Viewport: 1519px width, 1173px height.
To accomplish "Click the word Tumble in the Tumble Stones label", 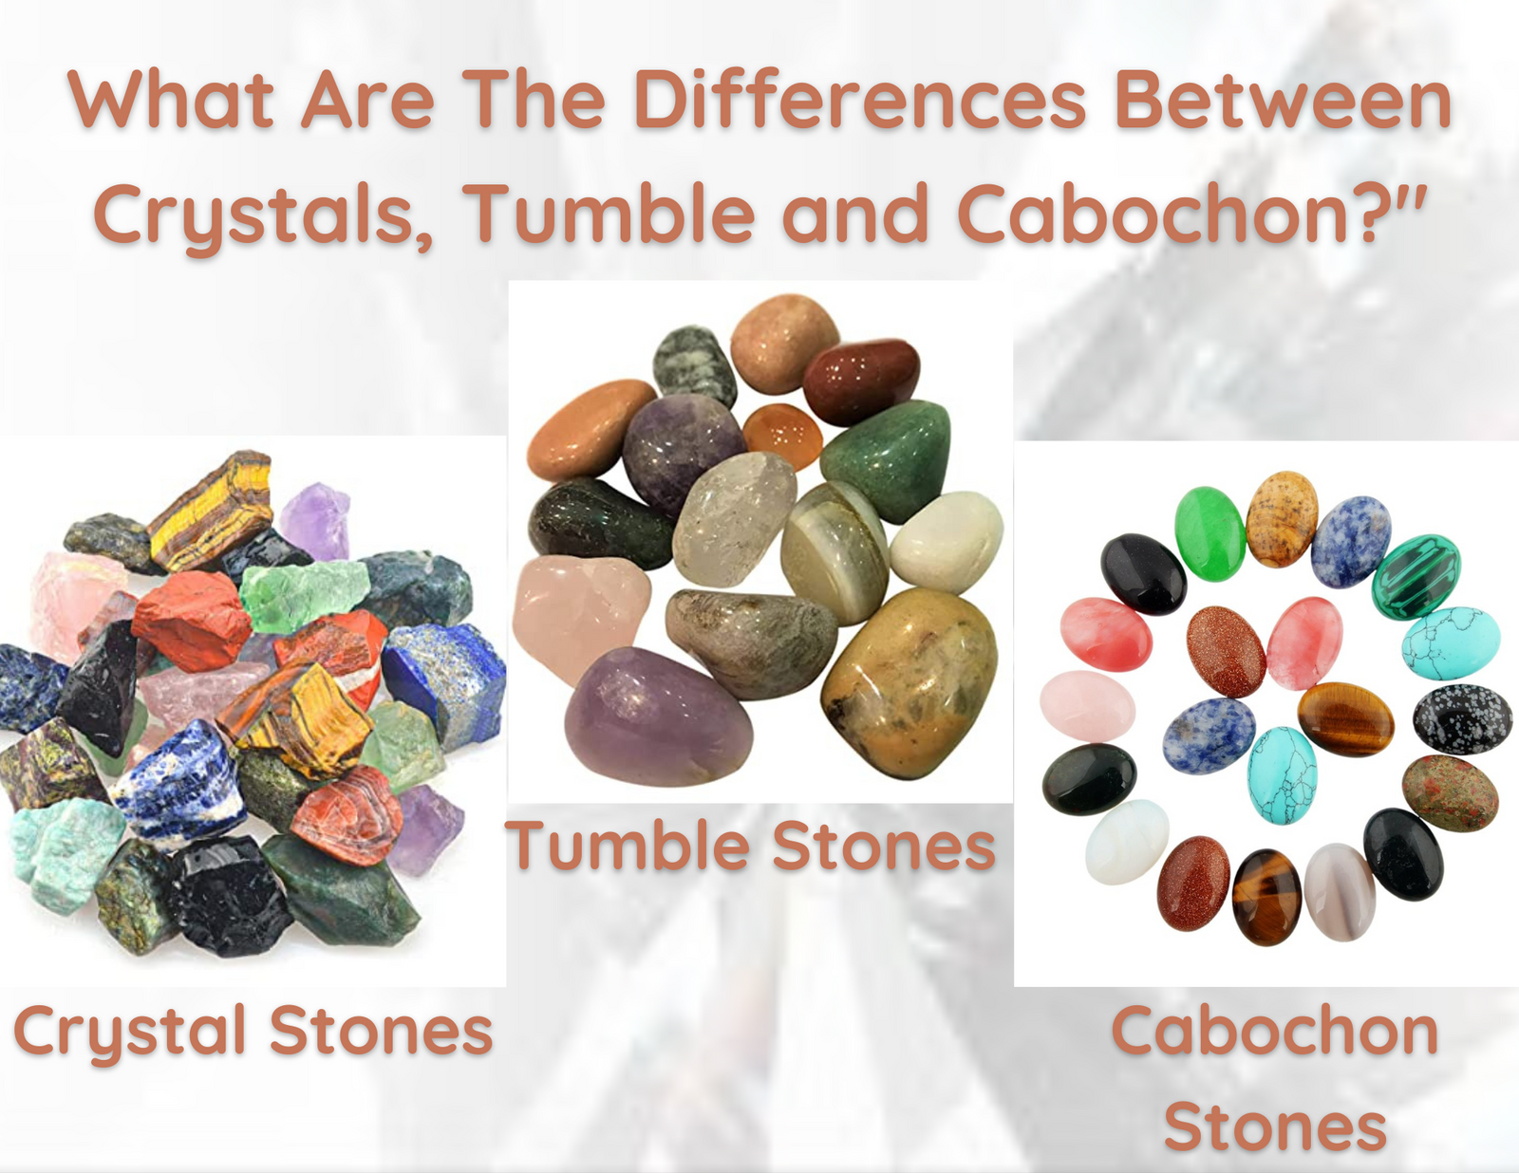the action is (x=627, y=846).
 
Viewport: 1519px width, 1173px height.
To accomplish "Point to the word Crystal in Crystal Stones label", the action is (x=129, y=1032).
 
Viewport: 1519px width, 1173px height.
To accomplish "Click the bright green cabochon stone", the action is (x=1210, y=533).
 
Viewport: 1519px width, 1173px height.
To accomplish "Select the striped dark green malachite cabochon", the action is (x=1416, y=576).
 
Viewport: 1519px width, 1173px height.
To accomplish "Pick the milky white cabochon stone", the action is (x=1127, y=842).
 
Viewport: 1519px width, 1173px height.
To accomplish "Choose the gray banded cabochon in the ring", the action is (x=1340, y=892).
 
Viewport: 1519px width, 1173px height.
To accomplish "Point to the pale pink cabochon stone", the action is (x=1087, y=706).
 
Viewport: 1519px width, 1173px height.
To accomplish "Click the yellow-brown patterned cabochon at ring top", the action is (x=1282, y=518).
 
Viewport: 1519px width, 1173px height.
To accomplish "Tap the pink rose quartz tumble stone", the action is (x=582, y=619).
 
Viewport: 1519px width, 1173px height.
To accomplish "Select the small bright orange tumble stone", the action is (x=782, y=436).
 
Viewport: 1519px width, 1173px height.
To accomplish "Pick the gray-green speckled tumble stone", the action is (x=694, y=366).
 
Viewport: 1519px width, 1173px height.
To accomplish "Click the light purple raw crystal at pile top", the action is (x=316, y=520).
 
